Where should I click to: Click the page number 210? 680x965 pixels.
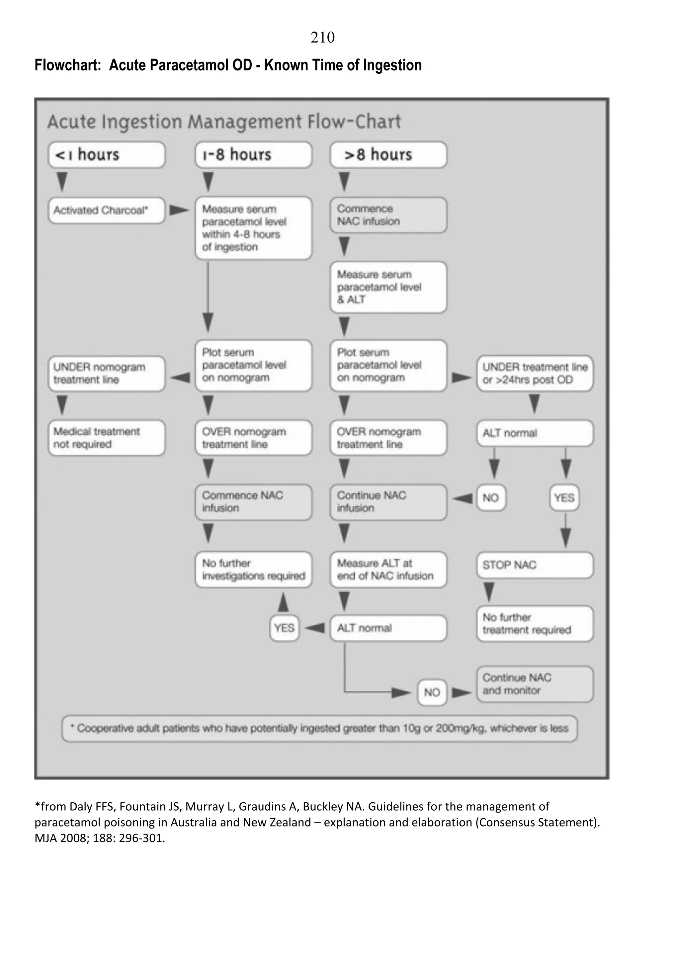[x=322, y=38]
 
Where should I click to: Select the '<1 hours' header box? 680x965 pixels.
[x=107, y=155]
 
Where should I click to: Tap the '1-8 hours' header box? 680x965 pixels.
[x=253, y=155]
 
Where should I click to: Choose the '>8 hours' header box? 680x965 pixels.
[x=388, y=155]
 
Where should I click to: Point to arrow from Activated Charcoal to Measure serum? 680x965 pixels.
[x=179, y=210]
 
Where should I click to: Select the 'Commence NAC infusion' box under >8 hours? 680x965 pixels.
[x=388, y=215]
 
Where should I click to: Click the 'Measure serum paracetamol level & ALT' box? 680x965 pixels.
[x=388, y=287]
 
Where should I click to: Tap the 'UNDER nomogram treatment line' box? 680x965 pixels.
[x=107, y=373]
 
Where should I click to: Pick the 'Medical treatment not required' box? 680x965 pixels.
[x=107, y=438]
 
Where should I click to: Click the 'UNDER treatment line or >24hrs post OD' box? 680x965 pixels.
[x=535, y=373]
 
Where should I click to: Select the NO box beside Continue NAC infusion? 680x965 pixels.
[x=491, y=498]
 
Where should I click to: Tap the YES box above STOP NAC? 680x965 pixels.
[x=564, y=498]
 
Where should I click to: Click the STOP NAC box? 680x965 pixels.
[x=535, y=565]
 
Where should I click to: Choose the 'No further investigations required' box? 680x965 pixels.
[x=253, y=570]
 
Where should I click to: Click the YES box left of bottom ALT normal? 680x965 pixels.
[x=284, y=628]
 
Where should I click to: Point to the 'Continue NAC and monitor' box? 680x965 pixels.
[x=535, y=684]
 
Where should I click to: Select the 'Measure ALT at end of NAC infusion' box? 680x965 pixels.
[x=388, y=570]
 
